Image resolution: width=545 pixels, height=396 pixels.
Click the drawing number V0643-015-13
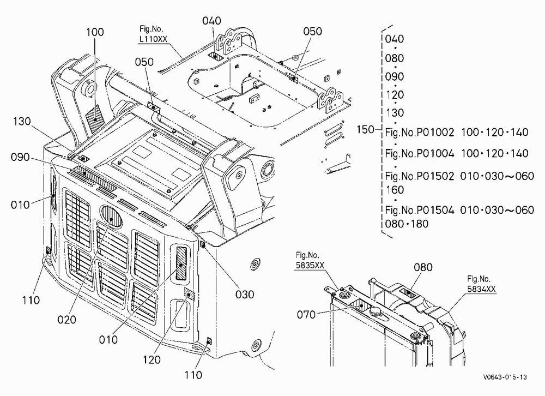tap(505, 377)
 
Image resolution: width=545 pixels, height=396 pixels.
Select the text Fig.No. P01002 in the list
tap(420, 133)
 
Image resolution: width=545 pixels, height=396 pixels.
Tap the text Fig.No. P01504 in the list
tap(420, 210)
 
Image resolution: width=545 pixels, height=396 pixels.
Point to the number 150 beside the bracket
tap(365, 129)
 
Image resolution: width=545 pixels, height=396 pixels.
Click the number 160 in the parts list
tap(395, 190)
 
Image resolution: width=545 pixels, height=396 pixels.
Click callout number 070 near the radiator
tap(306, 315)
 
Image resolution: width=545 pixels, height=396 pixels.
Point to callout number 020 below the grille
tap(66, 320)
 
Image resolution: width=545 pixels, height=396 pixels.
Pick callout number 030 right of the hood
tap(245, 295)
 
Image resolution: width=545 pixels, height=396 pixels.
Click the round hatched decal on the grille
tap(111, 217)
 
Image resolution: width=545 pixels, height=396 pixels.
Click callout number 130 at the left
tap(22, 122)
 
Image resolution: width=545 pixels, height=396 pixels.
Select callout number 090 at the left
tap(20, 157)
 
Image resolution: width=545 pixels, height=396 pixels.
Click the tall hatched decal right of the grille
tap(181, 263)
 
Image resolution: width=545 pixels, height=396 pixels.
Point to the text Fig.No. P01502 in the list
tap(420, 176)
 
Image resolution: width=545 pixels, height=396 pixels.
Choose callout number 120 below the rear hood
tap(152, 359)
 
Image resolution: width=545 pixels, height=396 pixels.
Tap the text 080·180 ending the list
tap(407, 224)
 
